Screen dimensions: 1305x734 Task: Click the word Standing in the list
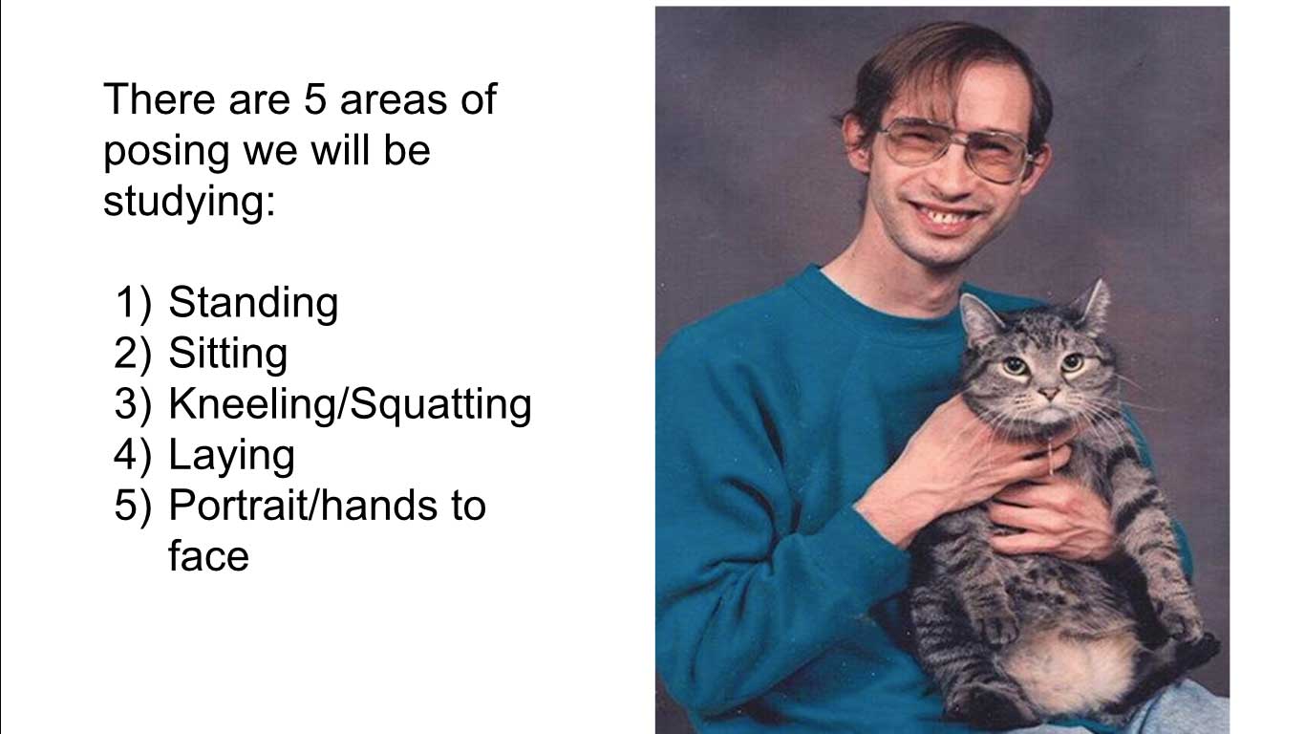(x=253, y=303)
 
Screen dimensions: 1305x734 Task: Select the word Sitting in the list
(x=228, y=354)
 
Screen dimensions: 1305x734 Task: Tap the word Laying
(x=232, y=456)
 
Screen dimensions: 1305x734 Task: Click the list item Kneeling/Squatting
(x=351, y=404)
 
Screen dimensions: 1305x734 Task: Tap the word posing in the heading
(x=166, y=152)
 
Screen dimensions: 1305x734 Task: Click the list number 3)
(x=132, y=403)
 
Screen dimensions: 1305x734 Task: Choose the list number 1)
(x=134, y=302)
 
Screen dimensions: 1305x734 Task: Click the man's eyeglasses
(x=956, y=150)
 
